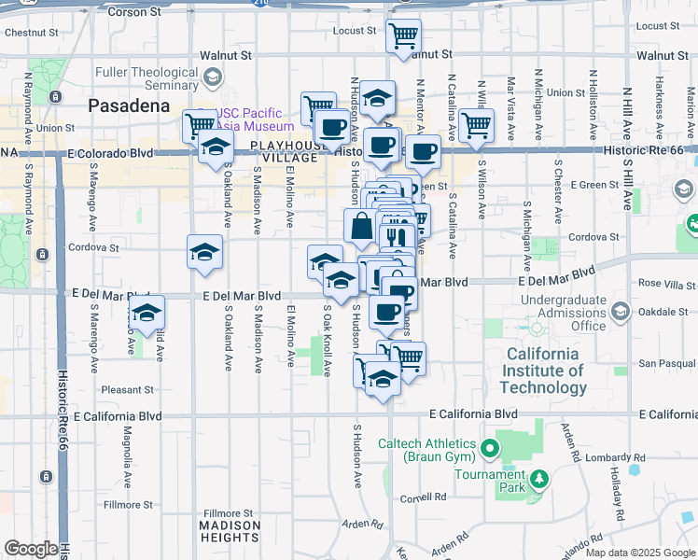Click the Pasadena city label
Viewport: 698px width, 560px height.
click(x=129, y=105)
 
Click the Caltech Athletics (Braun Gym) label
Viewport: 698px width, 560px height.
click(x=427, y=449)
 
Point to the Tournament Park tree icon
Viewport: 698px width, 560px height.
click(x=537, y=480)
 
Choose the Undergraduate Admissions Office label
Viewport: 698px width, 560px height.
click(x=562, y=317)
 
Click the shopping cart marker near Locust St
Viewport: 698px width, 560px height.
click(x=403, y=37)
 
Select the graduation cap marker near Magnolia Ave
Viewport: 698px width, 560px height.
click(x=147, y=314)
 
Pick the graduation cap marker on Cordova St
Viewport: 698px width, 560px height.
click(x=204, y=250)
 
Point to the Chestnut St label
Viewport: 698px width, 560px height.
click(x=25, y=33)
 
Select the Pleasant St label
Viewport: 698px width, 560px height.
click(x=127, y=390)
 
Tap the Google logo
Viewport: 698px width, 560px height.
click(x=32, y=549)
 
